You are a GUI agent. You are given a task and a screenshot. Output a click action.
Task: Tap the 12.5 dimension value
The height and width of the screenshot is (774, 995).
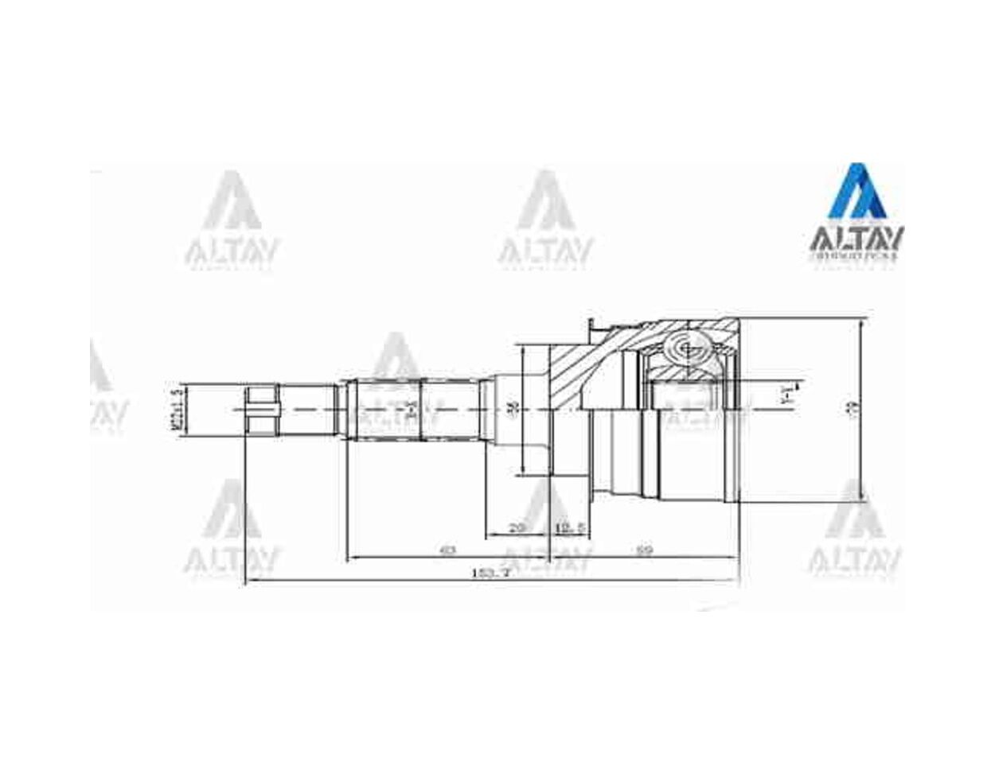[x=570, y=527]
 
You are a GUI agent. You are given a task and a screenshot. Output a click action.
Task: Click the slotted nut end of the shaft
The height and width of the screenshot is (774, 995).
[x=261, y=409]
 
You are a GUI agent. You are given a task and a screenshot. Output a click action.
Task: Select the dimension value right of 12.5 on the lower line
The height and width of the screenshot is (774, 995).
[x=646, y=550]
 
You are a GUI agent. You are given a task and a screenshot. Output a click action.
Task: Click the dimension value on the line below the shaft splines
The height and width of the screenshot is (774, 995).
[x=448, y=550]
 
